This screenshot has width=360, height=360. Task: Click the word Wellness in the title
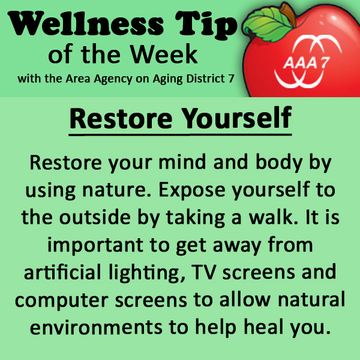coord(86,23)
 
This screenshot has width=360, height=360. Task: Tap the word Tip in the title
coord(206,25)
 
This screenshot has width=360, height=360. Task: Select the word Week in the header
coord(164,54)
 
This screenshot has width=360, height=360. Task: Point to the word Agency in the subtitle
coord(113,79)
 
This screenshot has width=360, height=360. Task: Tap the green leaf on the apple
coord(268,24)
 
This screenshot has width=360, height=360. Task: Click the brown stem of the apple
coord(288,14)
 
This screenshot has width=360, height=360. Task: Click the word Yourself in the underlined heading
coord(237,119)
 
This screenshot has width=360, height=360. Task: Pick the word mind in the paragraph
coord(182,162)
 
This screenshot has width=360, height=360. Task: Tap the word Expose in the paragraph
coord(192,190)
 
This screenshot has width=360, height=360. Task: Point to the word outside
coord(95,217)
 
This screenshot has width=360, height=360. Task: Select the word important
coord(95,245)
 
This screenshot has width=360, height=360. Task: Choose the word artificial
coord(62,272)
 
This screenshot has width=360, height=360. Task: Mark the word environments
coord(97,327)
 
